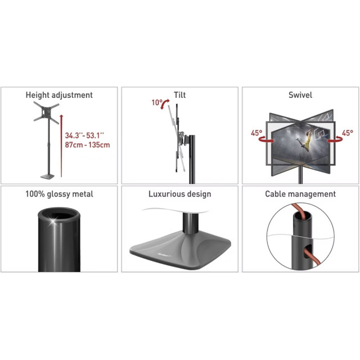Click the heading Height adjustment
pos(59,95)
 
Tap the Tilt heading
pos(180,95)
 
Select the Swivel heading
pos(300,95)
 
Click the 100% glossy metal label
pos(59,194)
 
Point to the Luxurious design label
pos(180,194)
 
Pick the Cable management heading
pos(300,194)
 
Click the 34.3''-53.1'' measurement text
pos(84,136)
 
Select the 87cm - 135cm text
pos(87,145)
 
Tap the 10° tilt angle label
pos(157,102)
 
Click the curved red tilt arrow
pos(164,103)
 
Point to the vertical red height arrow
pos(61,146)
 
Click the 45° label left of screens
pos(256,133)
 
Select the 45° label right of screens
pos(348,133)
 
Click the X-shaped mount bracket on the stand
pos(46,112)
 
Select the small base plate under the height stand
pos(47,177)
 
